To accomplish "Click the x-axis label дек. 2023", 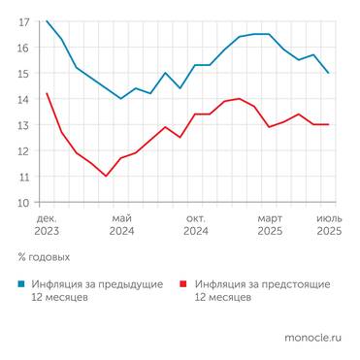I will click(x=47, y=224).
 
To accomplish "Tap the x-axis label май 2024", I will click(x=121, y=224).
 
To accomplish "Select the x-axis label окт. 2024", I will click(x=195, y=224).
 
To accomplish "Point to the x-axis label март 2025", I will click(x=270, y=224).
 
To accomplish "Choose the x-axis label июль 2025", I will click(x=329, y=224).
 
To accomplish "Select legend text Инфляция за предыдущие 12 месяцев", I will click(x=88, y=291).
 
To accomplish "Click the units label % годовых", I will click(x=44, y=258).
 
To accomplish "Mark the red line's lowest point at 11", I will click(x=106, y=176).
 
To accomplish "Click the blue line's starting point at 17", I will click(x=47, y=20).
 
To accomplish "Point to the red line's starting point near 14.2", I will click(x=47, y=93).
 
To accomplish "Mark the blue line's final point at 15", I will click(x=329, y=73).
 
